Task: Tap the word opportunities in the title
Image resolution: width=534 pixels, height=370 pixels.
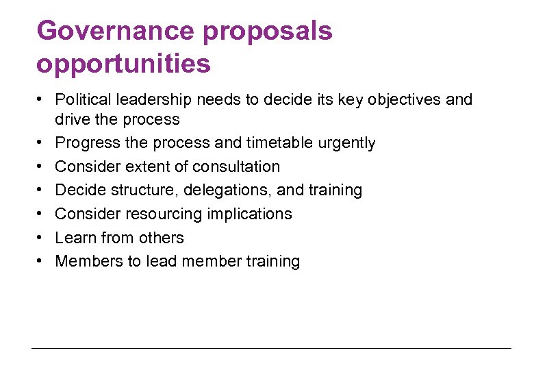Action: (x=123, y=65)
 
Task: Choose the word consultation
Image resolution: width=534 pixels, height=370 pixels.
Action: (x=236, y=166)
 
